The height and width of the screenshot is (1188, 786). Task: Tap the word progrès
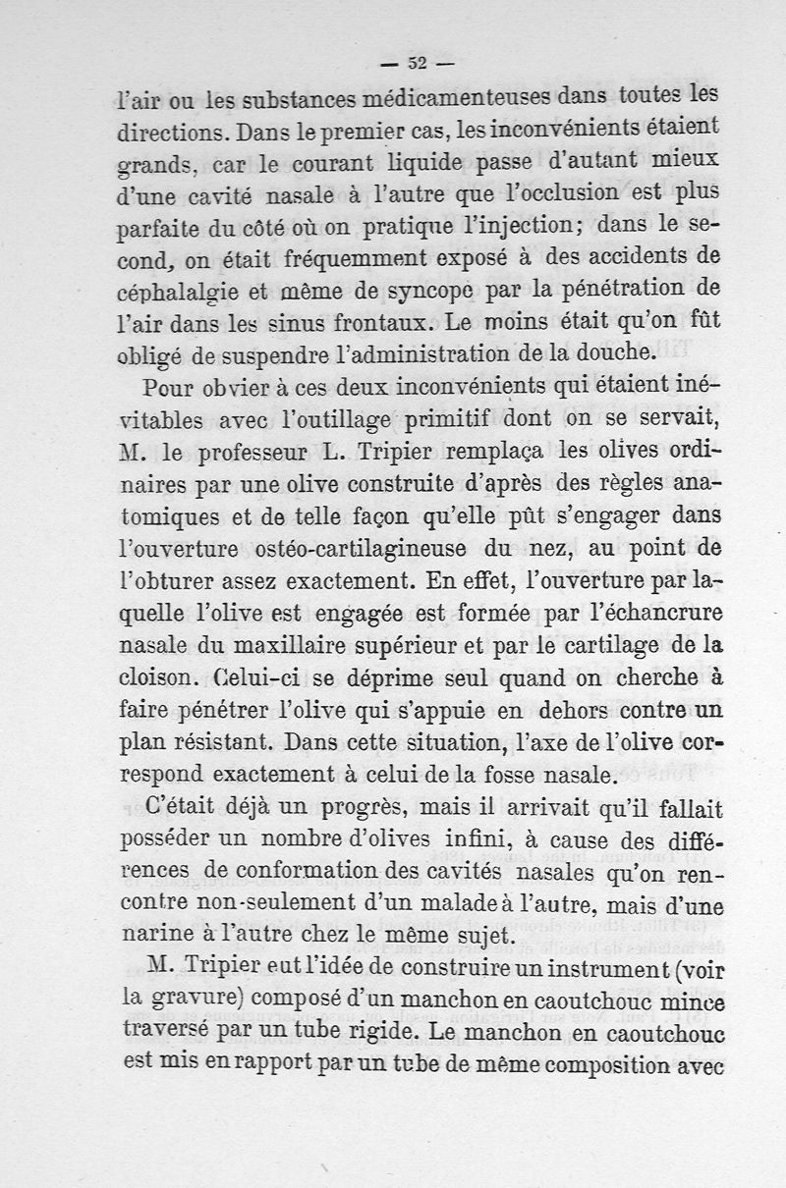click(x=340, y=808)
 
